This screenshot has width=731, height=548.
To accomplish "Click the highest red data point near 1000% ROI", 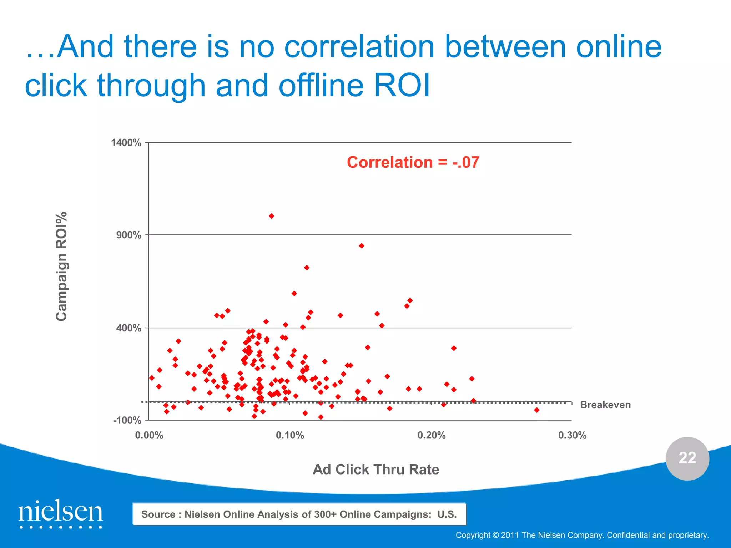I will [271, 216].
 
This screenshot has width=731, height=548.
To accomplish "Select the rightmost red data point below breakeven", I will [536, 410].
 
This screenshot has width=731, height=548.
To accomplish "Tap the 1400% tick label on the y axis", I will [126, 143].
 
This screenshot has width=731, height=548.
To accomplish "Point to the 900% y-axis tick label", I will [129, 235].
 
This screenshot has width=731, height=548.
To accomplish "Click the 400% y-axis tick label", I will [129, 328].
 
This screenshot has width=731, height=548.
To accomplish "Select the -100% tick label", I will [127, 420].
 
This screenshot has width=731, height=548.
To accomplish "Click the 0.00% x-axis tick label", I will [149, 435].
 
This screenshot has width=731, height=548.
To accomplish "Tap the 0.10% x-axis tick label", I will [290, 435].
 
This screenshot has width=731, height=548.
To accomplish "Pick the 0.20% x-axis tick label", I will [431, 435].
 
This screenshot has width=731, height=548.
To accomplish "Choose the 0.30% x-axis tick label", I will [572, 435].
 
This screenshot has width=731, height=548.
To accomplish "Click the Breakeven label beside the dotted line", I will [605, 405].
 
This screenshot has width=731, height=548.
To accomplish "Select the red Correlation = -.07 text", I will [413, 162].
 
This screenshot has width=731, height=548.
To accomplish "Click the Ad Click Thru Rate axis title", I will [376, 469].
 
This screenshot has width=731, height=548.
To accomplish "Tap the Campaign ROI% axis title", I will [61, 266].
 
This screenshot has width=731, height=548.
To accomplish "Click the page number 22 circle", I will [687, 458].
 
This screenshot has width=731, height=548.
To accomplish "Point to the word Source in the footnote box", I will [158, 514].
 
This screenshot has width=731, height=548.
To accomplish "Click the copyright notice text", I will [582, 535].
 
